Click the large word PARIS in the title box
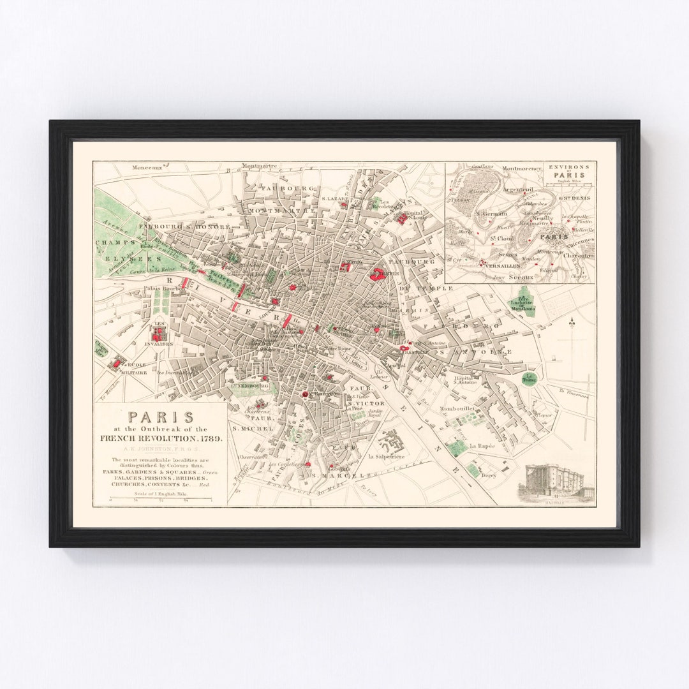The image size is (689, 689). tap(161, 417)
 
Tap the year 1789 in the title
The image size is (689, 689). tap(211, 438)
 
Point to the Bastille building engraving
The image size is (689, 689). tap(559, 483)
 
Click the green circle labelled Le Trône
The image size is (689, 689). tap(529, 378)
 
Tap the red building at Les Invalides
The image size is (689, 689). tap(158, 332)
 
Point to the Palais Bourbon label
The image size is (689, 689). tap(164, 288)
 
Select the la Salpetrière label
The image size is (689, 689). tap(387, 457)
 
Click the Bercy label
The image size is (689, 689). tap(489, 475)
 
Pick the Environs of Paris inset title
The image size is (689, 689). tap(569, 171)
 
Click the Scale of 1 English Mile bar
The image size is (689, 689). tap(161, 499)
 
